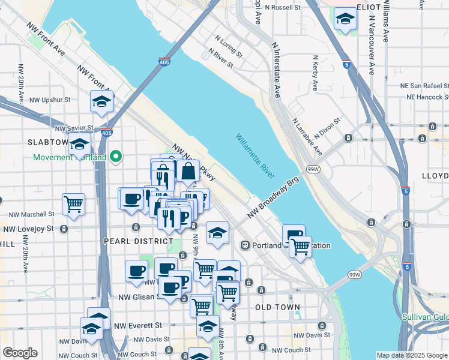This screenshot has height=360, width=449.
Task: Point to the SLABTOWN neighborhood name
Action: (x=48, y=142)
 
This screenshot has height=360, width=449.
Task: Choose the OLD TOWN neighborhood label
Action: (x=277, y=307)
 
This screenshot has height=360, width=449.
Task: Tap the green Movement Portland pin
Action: (x=117, y=157)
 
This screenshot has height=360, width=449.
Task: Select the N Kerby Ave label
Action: (x=315, y=74)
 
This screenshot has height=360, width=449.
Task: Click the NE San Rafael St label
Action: (x=426, y=85)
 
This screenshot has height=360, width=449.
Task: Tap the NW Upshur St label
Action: (x=50, y=99)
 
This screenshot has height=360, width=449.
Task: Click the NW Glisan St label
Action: (x=139, y=296)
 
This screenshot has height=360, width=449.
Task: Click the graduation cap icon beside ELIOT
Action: (x=345, y=19)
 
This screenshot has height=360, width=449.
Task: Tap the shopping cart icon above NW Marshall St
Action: (x=74, y=203)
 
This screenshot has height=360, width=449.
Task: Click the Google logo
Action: (x=20, y=353)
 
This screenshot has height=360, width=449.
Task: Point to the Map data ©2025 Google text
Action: (x=412, y=355)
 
